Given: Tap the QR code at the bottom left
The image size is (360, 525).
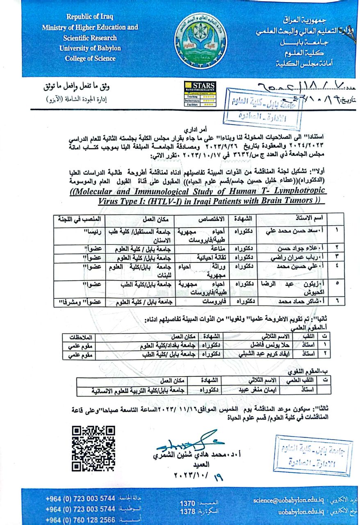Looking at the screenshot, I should [93, 448].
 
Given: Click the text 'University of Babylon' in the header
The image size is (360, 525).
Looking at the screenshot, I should [90, 48].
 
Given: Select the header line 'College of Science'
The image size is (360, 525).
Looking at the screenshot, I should [90, 58].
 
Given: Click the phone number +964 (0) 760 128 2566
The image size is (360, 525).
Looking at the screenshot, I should [80, 519].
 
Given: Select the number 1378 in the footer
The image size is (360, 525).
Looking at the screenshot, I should [187, 512].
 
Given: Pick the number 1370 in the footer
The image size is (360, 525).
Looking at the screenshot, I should [187, 503].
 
